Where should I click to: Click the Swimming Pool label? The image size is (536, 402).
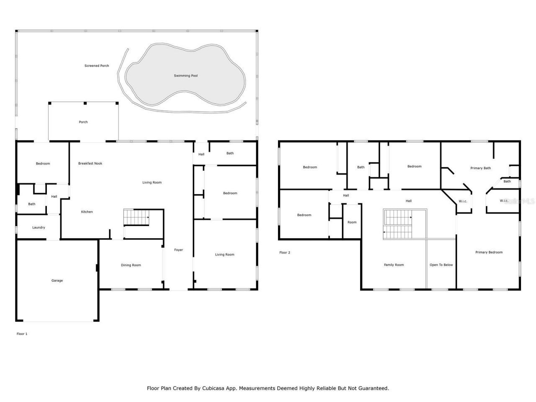[x=186, y=76]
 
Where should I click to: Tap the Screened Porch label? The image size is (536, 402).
[x=97, y=66]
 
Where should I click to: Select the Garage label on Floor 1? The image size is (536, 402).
[x=57, y=281]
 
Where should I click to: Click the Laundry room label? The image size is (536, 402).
[x=39, y=227]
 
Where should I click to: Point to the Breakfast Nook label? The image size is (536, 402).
[x=90, y=163]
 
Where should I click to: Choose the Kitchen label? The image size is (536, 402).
[x=87, y=212]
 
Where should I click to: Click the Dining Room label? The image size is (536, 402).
[x=131, y=265]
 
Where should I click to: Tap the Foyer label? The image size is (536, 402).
[x=178, y=250]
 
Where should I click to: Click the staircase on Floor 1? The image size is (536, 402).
[x=137, y=217]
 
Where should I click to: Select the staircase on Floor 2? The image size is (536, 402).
[x=398, y=224]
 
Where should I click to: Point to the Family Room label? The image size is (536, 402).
[x=394, y=265]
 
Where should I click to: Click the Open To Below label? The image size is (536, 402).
[x=441, y=265]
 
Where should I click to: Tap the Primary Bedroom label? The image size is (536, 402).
[x=489, y=252]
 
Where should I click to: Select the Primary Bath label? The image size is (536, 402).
[x=480, y=168]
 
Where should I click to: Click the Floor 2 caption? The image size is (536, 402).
[x=284, y=253]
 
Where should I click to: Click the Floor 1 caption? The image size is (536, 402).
[x=22, y=334]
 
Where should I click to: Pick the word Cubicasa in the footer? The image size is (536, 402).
[x=214, y=388]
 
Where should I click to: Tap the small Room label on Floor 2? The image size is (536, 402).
[x=352, y=222]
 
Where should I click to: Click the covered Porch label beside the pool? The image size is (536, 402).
[x=83, y=122]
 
